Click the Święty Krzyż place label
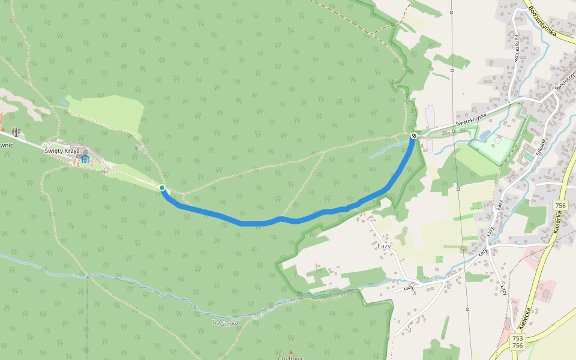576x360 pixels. pos(62,151)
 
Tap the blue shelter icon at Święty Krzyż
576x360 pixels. pos(86,159)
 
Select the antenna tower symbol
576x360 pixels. pos(16,132)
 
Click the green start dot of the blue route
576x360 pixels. pos(162,188)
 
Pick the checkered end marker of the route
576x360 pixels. pos(414,136)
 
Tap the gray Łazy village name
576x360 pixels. pos(384,246)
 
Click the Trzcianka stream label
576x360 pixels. pos(225,323)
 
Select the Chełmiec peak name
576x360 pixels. pos(290,358)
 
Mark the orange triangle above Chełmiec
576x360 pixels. pos(291,352)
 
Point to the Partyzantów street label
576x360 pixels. pos(516,49)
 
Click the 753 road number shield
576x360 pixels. pos(518,338)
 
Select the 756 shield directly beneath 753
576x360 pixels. pos(518,346)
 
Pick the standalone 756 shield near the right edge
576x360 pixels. pos(560,206)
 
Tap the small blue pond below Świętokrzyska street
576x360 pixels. pos(485,136)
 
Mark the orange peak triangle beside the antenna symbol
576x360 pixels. pos(3,129)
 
